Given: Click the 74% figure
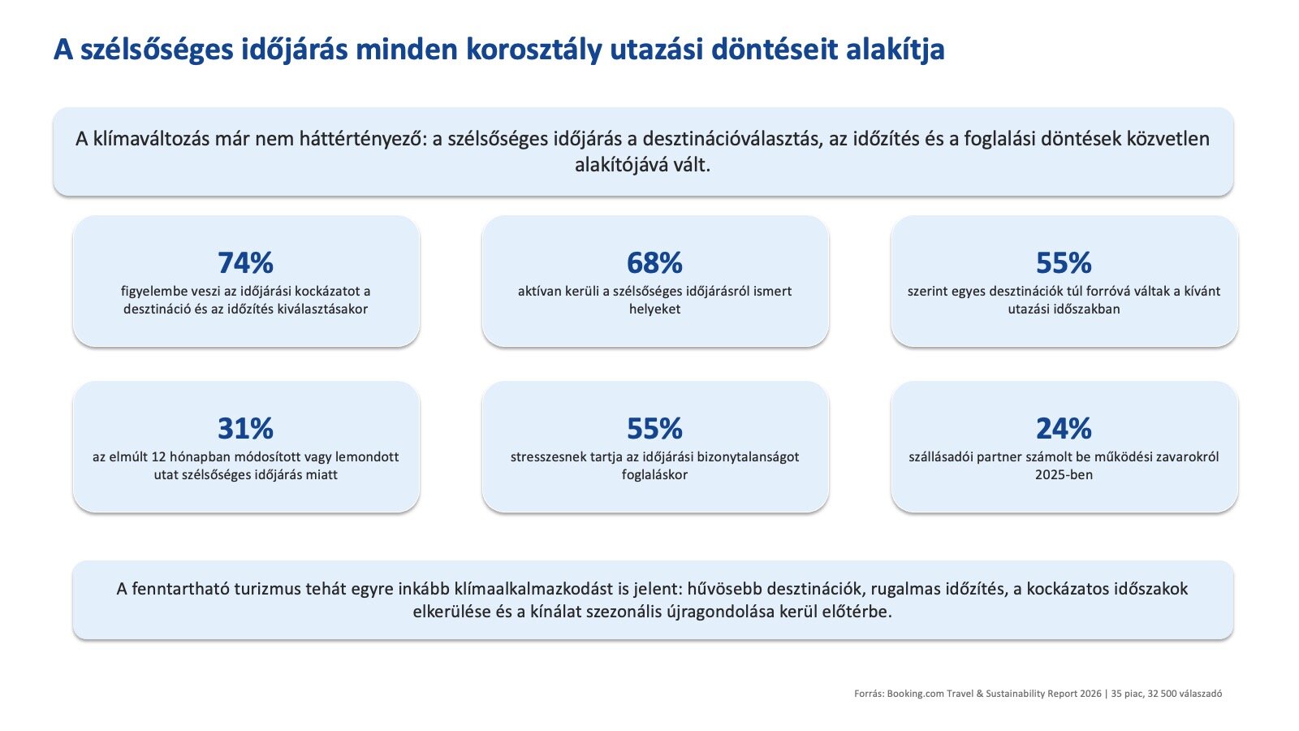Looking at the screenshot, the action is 245,263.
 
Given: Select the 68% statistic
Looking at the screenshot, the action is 654,263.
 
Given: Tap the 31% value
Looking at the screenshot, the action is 245,429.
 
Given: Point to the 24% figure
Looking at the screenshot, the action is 1064,429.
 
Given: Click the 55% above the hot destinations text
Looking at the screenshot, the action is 1064,263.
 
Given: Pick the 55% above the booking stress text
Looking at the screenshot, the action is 654,429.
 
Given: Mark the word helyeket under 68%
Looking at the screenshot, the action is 654,309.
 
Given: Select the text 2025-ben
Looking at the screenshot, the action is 1064,475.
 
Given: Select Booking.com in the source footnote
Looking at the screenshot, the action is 916,694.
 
